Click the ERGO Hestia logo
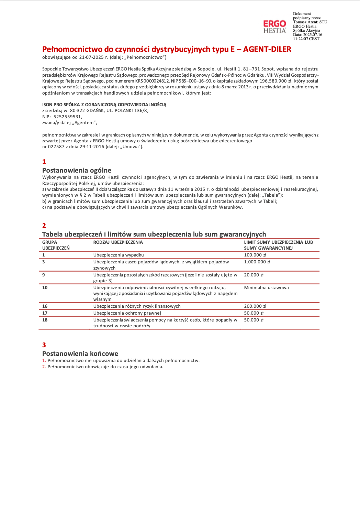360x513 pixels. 274,26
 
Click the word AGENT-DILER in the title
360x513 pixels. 267,49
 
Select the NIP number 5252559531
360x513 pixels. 68,117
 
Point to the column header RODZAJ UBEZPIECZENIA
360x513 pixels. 118,242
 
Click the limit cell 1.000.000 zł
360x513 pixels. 257,262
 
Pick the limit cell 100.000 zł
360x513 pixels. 255,255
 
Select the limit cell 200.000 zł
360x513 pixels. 255,306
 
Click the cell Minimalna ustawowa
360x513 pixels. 266,287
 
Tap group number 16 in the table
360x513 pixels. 45,306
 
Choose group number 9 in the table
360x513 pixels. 44,275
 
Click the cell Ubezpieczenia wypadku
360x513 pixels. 119,255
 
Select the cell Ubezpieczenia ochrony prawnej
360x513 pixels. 127,313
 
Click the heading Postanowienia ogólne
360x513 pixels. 77,170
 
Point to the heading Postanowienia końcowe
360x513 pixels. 80,353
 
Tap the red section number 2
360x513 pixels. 44,226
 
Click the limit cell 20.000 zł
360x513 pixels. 254,275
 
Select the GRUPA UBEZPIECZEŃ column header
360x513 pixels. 56,245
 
